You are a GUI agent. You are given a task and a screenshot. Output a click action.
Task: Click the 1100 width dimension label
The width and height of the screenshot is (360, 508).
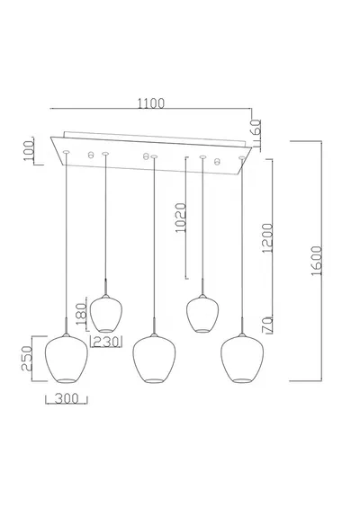(x=151, y=103)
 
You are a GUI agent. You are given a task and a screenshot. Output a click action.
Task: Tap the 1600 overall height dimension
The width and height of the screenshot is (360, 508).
(x=317, y=261)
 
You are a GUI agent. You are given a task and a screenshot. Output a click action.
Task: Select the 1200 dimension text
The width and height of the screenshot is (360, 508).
(x=268, y=238)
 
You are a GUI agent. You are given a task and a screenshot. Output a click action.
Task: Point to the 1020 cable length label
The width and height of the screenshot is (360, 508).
(x=181, y=218)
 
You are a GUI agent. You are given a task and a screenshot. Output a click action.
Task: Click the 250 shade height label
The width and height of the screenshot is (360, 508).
(x=27, y=359)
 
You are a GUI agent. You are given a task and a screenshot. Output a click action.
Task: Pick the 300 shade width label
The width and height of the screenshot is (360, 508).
(x=67, y=398)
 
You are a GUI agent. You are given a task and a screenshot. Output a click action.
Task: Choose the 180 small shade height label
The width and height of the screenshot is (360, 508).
(x=81, y=314)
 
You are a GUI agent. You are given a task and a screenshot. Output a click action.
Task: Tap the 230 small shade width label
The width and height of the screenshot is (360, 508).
(x=105, y=342)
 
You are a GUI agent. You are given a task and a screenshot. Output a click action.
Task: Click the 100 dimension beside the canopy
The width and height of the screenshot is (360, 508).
(x=29, y=151)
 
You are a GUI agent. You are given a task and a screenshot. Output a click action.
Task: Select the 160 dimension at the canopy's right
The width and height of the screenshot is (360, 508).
(x=256, y=129)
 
